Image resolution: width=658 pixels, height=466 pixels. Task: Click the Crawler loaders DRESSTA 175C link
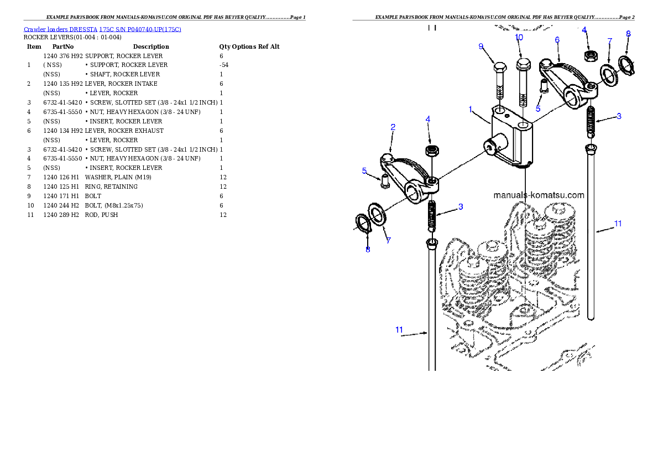click(102, 29)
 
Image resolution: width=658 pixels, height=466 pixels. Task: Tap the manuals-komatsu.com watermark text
click(538, 195)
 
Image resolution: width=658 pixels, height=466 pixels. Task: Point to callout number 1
click(471, 110)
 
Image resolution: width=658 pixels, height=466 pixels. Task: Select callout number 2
click(393, 127)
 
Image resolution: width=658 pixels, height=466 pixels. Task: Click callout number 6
click(557, 40)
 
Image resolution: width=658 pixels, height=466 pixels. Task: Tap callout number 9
click(481, 46)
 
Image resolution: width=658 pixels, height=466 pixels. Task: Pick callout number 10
click(519, 37)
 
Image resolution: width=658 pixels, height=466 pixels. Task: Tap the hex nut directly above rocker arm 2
click(431, 151)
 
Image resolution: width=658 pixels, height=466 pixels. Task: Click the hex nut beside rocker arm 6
click(590, 55)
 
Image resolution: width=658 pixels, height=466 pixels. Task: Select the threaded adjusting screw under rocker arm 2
click(432, 216)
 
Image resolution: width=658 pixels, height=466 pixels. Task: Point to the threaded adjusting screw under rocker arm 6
click(591, 122)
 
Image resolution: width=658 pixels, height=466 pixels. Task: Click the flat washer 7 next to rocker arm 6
click(610, 75)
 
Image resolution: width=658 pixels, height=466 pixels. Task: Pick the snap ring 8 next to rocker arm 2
click(363, 224)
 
